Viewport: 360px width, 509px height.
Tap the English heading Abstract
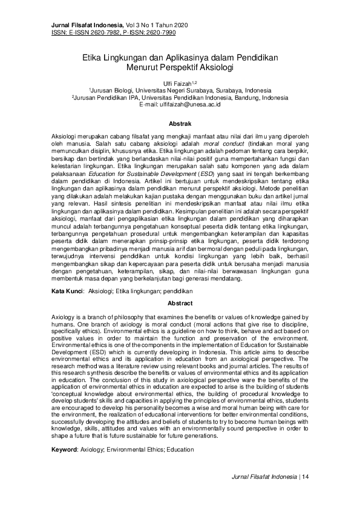click(180, 303)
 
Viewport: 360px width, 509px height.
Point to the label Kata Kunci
click(67, 291)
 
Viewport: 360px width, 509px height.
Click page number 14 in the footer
click(306, 477)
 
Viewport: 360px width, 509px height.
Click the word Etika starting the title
click(94, 58)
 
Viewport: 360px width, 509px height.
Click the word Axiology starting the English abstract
click(62, 317)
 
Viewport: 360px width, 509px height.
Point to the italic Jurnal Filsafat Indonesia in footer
click(262, 477)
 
